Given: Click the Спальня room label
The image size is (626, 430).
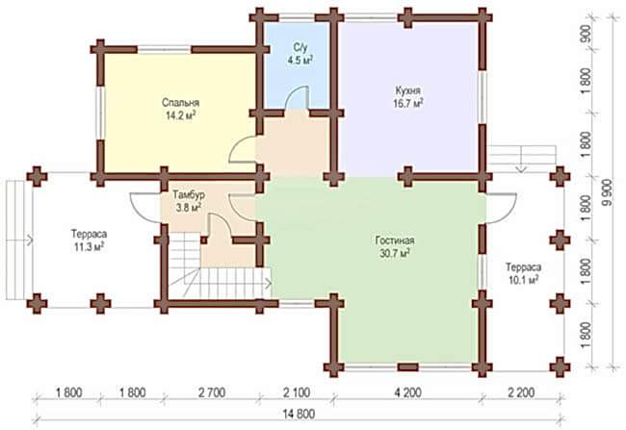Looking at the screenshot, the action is [x=180, y=103].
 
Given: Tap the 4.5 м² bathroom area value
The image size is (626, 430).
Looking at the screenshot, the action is [x=300, y=61].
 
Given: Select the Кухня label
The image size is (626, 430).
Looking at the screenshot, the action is [x=408, y=91].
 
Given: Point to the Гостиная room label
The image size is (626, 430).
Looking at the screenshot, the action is [x=395, y=240].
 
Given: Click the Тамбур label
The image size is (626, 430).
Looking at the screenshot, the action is [x=189, y=195].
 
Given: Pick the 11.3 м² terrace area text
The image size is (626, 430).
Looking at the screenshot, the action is [x=89, y=247].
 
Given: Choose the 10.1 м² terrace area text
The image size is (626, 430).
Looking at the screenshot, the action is [x=524, y=280].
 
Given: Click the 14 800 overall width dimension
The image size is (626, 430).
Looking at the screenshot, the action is [x=299, y=415].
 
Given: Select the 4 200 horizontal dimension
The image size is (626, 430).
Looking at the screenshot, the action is [x=408, y=392].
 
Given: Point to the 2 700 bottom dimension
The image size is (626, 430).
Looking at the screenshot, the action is [x=212, y=392].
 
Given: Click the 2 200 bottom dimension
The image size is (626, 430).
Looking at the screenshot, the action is [x=521, y=392].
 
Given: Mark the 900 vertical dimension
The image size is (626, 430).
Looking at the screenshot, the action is [x=586, y=34].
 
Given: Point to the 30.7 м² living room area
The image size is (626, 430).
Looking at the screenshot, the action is [x=395, y=253].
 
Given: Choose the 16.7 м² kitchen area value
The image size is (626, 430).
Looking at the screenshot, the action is [x=408, y=104].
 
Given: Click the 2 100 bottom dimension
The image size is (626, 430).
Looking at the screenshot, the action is [x=297, y=392].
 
